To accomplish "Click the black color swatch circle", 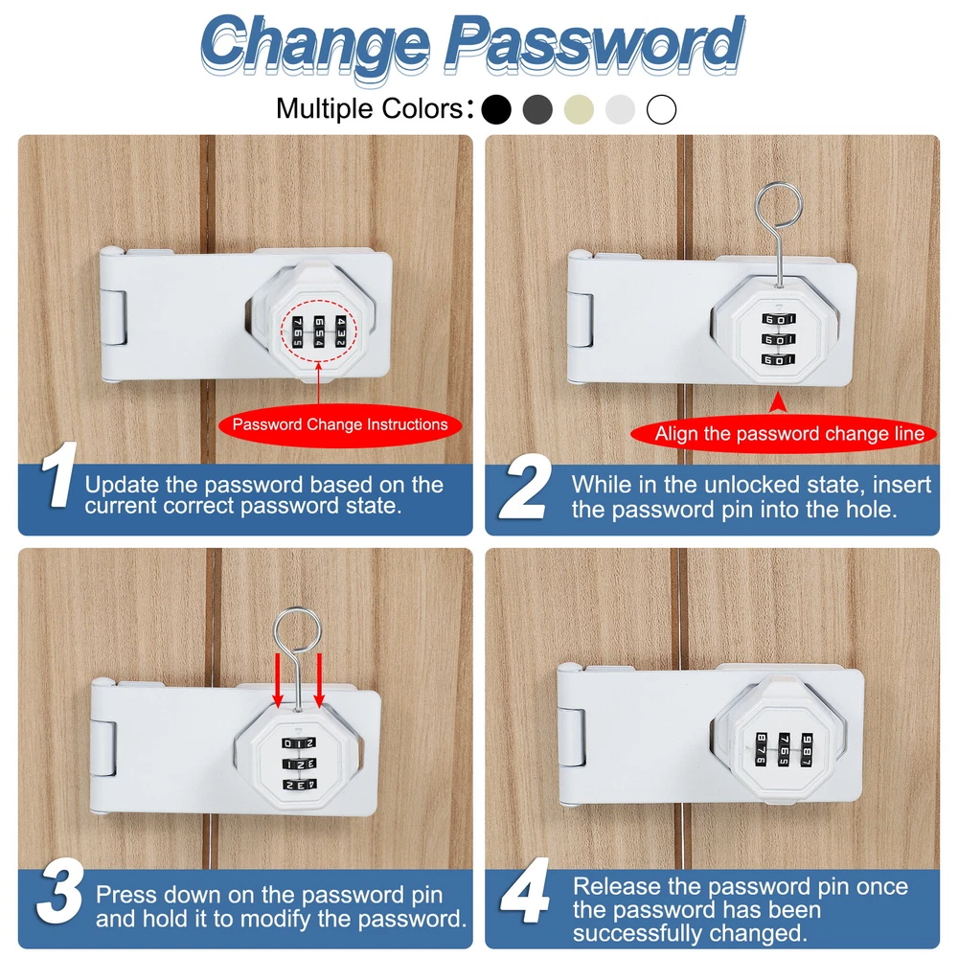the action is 496,110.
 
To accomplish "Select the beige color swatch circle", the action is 579,110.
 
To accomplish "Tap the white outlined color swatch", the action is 662,110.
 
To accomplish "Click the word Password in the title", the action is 594,44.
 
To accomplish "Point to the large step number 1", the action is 58,475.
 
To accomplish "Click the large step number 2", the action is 524,487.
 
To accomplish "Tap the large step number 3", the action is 59,891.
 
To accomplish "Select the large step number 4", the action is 525,890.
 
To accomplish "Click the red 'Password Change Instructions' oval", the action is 340,424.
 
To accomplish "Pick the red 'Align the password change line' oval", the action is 785,434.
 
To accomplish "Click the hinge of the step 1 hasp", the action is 114,318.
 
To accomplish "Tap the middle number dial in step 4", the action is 784,750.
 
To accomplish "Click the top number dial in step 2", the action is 778,319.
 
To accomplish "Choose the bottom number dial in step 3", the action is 299,785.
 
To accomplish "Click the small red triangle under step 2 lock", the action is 778,402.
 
